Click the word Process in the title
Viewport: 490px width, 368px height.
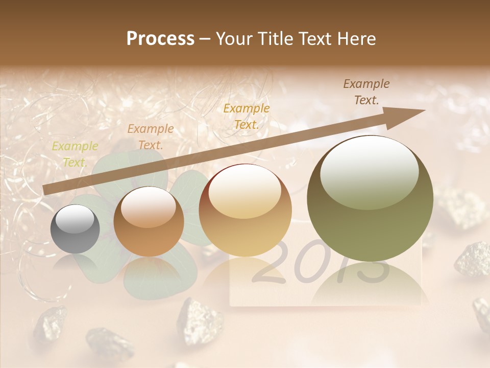(160, 39)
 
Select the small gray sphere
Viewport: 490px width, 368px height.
(75, 229)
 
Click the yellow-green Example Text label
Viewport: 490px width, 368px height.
(75, 154)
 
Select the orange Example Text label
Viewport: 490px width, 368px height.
(150, 137)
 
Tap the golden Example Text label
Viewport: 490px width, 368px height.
(247, 116)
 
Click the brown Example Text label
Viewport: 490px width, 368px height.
(366, 92)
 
